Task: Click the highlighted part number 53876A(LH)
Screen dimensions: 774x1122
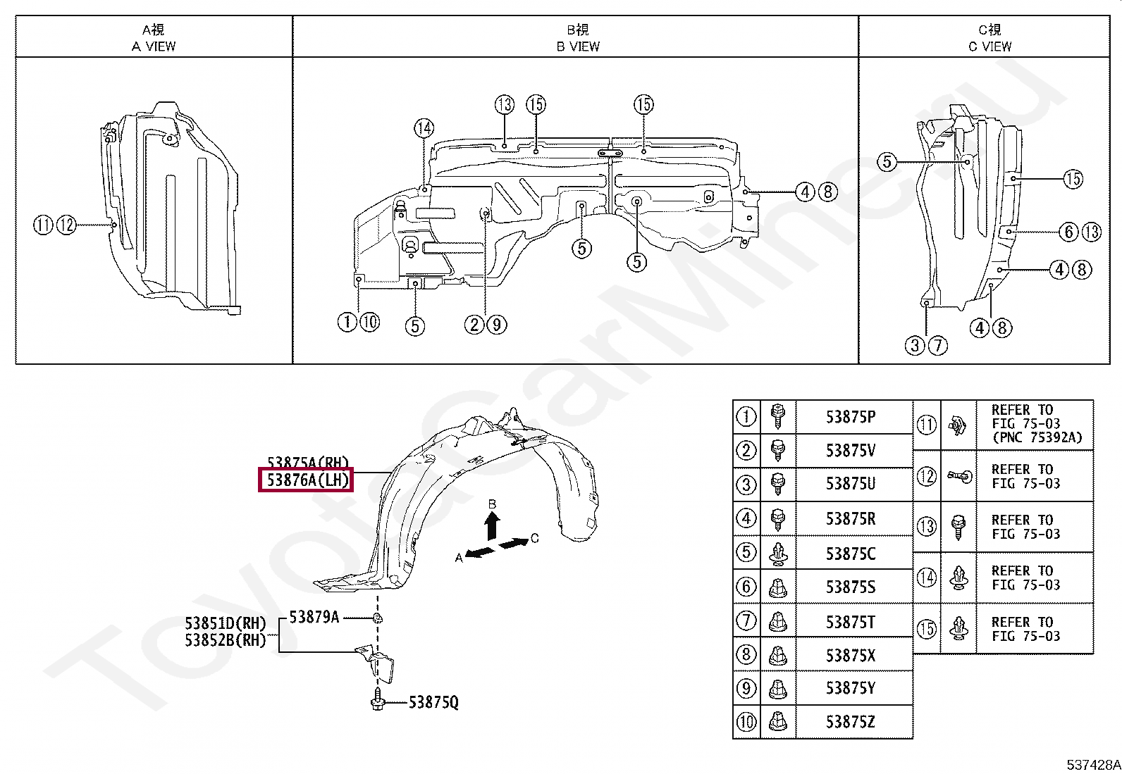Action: pyautogui.click(x=307, y=481)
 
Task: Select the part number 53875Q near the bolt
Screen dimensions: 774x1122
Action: pyautogui.click(x=433, y=702)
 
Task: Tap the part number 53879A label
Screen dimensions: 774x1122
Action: pyautogui.click(x=314, y=617)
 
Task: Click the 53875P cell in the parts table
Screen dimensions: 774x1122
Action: pyautogui.click(x=851, y=416)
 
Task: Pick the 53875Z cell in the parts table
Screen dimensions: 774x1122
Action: pyautogui.click(x=851, y=722)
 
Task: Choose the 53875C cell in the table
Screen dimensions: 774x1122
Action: pyautogui.click(x=851, y=553)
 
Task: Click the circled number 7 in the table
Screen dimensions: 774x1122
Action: pyautogui.click(x=746, y=620)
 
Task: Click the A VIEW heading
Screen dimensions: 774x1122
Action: pyautogui.click(x=154, y=46)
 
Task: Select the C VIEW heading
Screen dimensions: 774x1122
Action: pyautogui.click(x=990, y=46)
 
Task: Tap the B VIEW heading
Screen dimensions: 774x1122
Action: pyautogui.click(x=578, y=46)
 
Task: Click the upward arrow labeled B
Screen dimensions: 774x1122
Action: pyautogui.click(x=493, y=525)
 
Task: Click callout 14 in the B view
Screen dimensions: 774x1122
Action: pyautogui.click(x=424, y=128)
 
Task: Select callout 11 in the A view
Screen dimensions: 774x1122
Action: pyautogui.click(x=43, y=225)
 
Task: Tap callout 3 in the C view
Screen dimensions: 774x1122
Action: pyautogui.click(x=915, y=345)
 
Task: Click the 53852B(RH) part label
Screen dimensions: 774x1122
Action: pyautogui.click(x=226, y=640)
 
